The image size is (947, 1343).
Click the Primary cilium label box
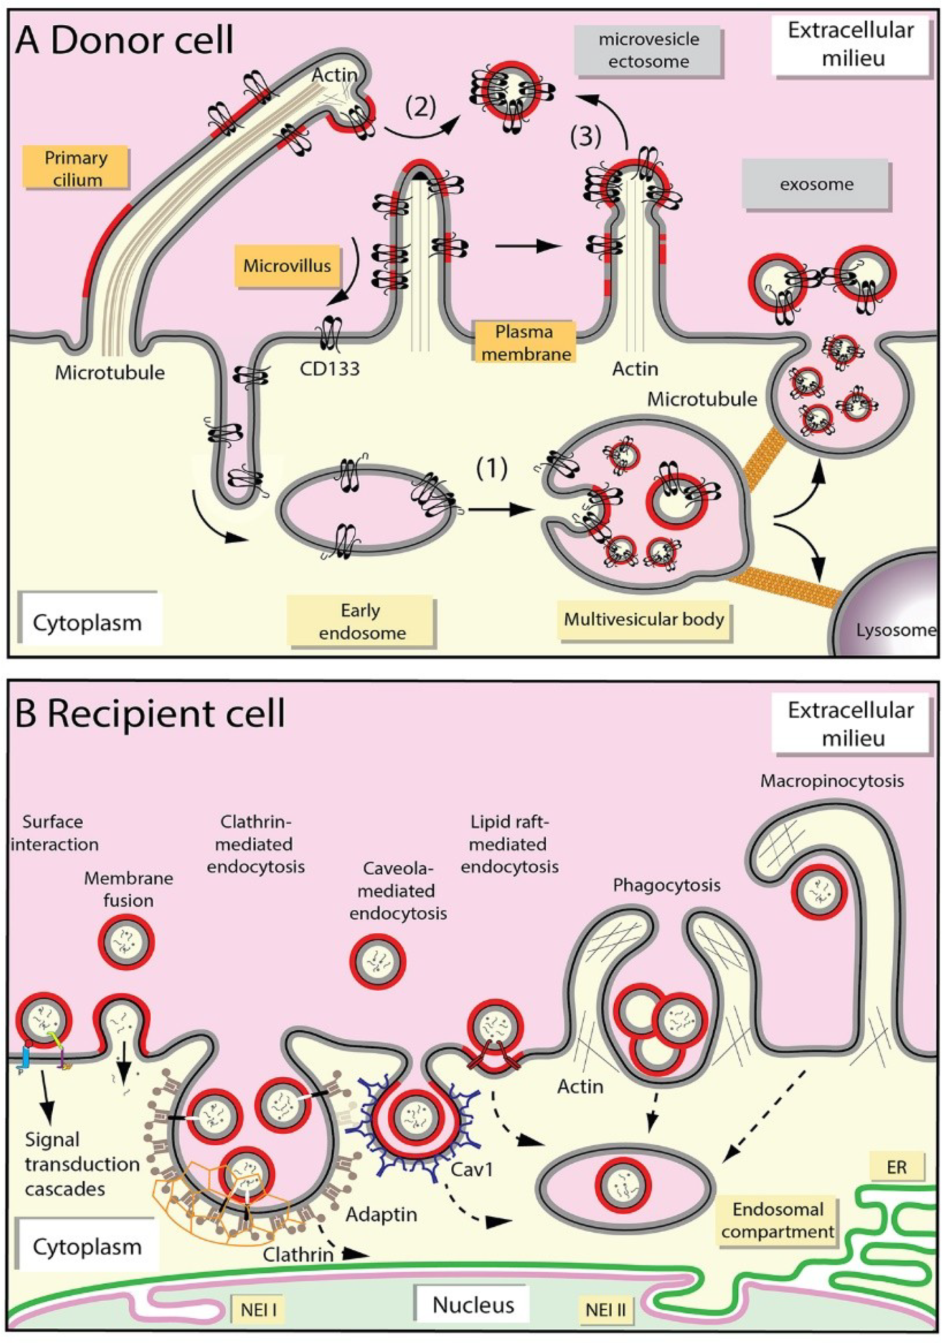click(x=76, y=168)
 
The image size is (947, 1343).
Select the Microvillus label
click(x=287, y=266)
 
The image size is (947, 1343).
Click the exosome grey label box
click(x=816, y=185)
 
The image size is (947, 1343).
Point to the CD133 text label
click(x=330, y=369)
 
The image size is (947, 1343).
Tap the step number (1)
click(x=491, y=469)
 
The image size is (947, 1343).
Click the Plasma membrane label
click(x=525, y=343)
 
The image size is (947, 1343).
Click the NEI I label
click(x=258, y=1310)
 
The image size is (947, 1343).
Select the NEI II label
click(x=605, y=1310)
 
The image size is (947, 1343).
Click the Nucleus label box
click(x=472, y=1305)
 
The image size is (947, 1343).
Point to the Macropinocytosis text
click(x=832, y=781)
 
